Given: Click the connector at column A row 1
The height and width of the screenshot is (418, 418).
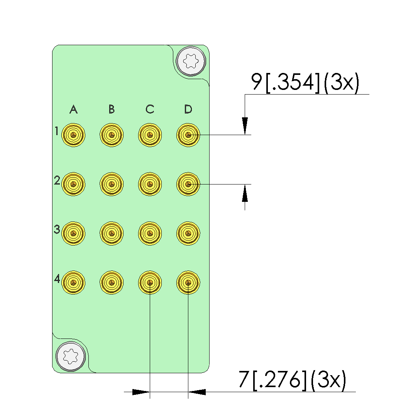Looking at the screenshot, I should click(x=73, y=135).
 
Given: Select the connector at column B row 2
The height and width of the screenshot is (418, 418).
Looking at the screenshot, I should click(x=112, y=184).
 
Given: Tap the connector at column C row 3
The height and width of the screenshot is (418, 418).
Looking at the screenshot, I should click(x=150, y=233).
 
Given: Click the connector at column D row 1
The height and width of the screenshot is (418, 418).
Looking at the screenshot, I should click(x=188, y=135).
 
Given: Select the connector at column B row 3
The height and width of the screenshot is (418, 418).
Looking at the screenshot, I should click(x=112, y=233).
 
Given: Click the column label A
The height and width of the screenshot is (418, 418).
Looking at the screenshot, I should click(x=73, y=110).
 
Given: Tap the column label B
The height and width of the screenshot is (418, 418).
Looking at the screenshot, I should click(x=112, y=110).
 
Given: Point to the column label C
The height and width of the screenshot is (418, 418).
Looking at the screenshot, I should click(x=150, y=110).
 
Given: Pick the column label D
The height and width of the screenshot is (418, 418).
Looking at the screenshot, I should click(x=188, y=110).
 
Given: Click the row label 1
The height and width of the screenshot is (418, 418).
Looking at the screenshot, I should click(x=57, y=132).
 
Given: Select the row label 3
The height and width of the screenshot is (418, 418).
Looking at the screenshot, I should click(x=57, y=230).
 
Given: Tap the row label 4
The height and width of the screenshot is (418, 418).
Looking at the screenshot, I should click(x=57, y=279).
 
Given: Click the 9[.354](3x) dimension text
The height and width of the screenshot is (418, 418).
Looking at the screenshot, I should click(x=305, y=82).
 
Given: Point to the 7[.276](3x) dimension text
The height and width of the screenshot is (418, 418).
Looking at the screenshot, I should click(x=292, y=380).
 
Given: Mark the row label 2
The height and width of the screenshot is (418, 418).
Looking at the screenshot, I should click(x=57, y=181).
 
